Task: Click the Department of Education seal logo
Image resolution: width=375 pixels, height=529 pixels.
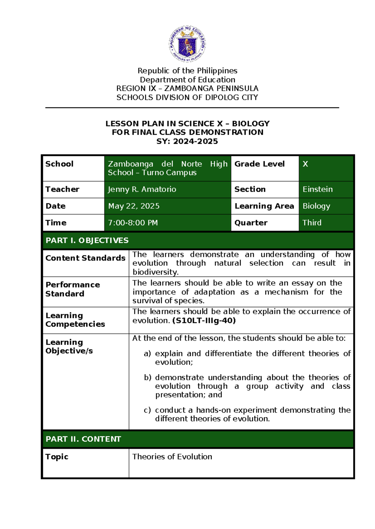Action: (x=187, y=44)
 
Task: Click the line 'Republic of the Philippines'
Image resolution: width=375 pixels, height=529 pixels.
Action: (x=187, y=71)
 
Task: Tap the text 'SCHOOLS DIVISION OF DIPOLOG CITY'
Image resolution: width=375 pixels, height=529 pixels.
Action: (x=187, y=98)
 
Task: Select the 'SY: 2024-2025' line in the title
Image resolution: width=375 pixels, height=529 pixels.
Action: (x=187, y=141)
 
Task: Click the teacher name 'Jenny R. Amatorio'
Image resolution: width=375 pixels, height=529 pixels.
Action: (x=142, y=189)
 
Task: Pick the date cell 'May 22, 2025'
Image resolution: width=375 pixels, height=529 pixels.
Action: (x=134, y=206)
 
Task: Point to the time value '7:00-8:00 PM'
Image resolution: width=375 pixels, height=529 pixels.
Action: (x=133, y=223)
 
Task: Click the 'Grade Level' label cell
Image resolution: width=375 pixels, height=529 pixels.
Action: (x=259, y=164)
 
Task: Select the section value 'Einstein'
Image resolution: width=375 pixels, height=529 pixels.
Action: (x=317, y=189)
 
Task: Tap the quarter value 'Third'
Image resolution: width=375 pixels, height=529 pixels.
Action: (x=312, y=223)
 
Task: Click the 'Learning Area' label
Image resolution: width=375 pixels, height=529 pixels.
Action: (x=264, y=206)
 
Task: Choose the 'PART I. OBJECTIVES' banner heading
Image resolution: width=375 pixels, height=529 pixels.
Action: (x=87, y=240)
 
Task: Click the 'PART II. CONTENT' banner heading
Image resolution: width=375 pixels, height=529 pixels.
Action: (x=83, y=439)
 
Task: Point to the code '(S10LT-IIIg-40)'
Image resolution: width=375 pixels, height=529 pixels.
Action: (x=204, y=320)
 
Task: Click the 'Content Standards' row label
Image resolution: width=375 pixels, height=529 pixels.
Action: (x=85, y=258)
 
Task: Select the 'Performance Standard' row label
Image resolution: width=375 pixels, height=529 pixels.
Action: (x=72, y=289)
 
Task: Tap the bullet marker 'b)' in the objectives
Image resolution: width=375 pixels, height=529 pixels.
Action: (x=147, y=378)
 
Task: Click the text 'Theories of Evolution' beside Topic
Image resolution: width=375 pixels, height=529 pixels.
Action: (x=172, y=457)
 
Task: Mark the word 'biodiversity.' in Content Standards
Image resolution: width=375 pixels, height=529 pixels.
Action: (x=155, y=272)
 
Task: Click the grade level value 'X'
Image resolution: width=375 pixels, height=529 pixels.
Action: (x=305, y=164)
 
